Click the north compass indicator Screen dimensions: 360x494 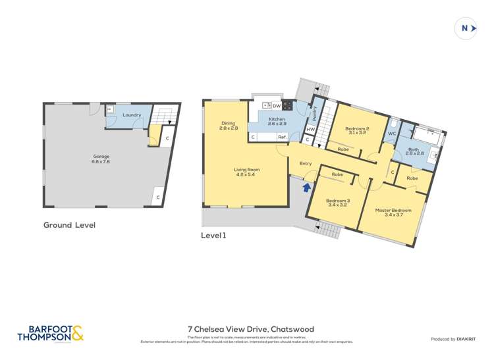tap(466, 28)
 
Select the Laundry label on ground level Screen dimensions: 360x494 tap(132, 115)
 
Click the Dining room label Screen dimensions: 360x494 tap(229, 126)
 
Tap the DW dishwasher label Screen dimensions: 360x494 tap(277, 105)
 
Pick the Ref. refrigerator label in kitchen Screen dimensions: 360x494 tap(281, 137)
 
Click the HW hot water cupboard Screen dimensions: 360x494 tap(310, 129)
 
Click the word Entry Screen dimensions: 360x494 tap(306, 163)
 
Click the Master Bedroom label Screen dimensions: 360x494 tap(393, 213)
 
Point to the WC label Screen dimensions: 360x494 tap(391, 134)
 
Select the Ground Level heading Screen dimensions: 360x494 tap(69, 225)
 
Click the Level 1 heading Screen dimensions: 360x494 tap(213, 234)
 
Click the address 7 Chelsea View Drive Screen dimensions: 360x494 tap(250, 329)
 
